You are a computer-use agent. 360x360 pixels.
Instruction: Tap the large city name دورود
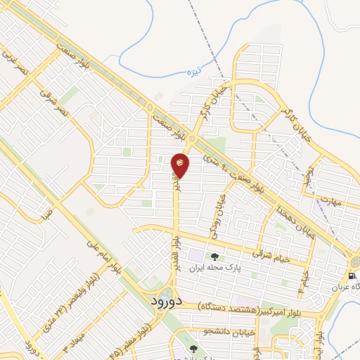click(x=166, y=300)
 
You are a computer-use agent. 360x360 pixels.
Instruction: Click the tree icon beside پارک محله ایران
click(x=214, y=257)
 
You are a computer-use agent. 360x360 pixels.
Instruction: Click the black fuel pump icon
click(x=352, y=275)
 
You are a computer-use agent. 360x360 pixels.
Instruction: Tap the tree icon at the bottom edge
click(x=195, y=349)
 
